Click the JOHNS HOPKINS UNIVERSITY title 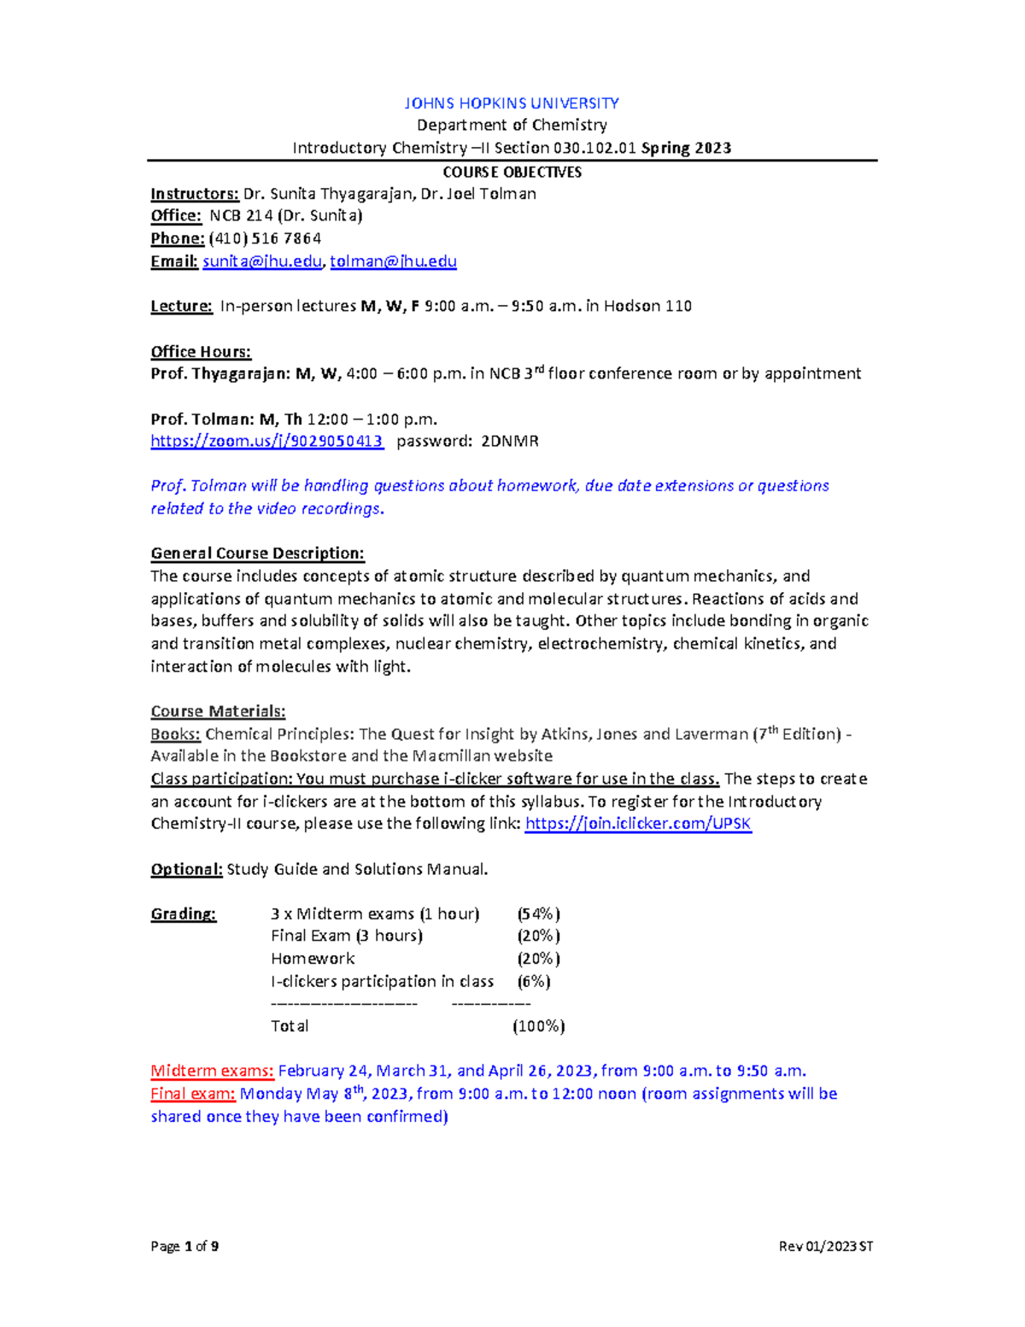(x=511, y=103)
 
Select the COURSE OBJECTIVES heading (x=512, y=172)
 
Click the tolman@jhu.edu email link (x=393, y=261)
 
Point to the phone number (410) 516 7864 (x=265, y=238)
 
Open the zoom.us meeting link (x=266, y=441)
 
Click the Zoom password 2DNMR (x=510, y=441)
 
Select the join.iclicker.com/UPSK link (x=638, y=824)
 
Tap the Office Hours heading (x=201, y=351)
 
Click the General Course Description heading (x=257, y=553)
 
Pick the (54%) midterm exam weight (x=538, y=913)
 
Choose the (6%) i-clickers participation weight (x=534, y=981)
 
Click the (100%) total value (x=538, y=1026)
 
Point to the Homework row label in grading (x=313, y=959)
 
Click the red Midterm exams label (x=212, y=1071)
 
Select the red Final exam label (x=193, y=1094)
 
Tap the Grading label (x=184, y=913)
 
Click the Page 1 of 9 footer (x=184, y=1247)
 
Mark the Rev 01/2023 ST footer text (x=825, y=1247)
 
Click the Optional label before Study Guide (x=186, y=869)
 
